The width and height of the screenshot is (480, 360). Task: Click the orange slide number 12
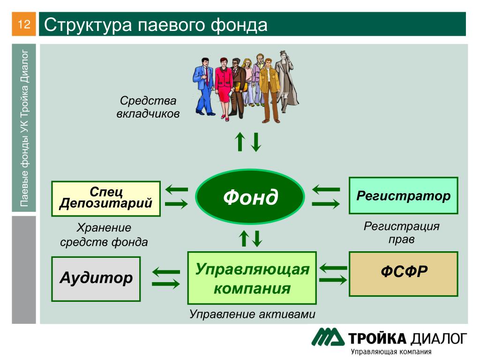click(x=24, y=24)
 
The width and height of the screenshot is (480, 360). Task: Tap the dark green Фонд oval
click(x=250, y=196)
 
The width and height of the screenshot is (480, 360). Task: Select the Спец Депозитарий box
click(x=106, y=199)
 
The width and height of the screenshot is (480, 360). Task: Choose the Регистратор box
click(x=404, y=195)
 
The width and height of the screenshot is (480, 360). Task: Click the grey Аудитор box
click(x=96, y=279)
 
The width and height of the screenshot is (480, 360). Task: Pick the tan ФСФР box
click(x=404, y=274)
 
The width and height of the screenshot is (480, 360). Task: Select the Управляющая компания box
click(x=252, y=278)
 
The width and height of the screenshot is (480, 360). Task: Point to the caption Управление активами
click(x=252, y=314)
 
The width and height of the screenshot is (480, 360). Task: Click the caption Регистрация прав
click(x=401, y=232)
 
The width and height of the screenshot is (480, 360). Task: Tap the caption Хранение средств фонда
click(x=104, y=235)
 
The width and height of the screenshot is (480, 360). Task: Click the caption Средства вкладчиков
click(x=148, y=107)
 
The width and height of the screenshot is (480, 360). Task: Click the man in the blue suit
click(x=203, y=87)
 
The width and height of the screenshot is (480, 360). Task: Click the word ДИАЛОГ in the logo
click(x=438, y=339)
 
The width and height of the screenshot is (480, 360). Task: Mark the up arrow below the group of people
click(x=240, y=142)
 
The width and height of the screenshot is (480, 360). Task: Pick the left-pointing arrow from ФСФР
click(x=333, y=268)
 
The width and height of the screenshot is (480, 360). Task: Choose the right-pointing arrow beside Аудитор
click(x=166, y=284)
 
